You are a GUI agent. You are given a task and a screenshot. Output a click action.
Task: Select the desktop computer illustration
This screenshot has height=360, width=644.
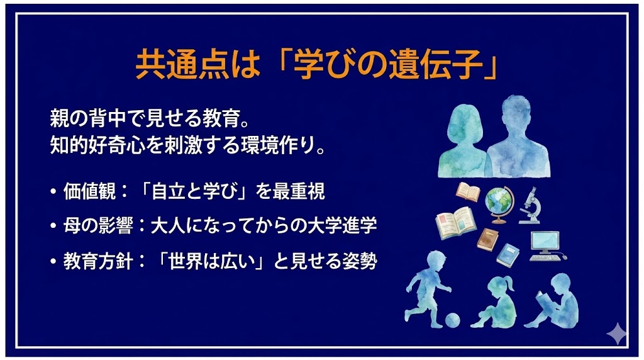click(545, 246)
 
